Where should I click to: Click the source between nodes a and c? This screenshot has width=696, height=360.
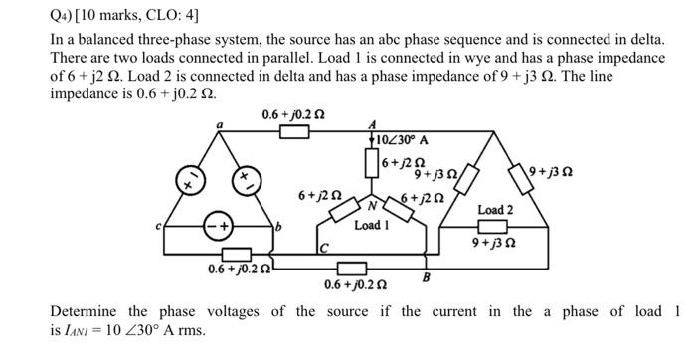[x=186, y=182]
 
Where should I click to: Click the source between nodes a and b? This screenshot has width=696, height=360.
[x=243, y=183]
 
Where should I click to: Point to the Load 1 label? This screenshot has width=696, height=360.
[x=372, y=225]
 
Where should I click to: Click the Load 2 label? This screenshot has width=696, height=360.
[x=495, y=209]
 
